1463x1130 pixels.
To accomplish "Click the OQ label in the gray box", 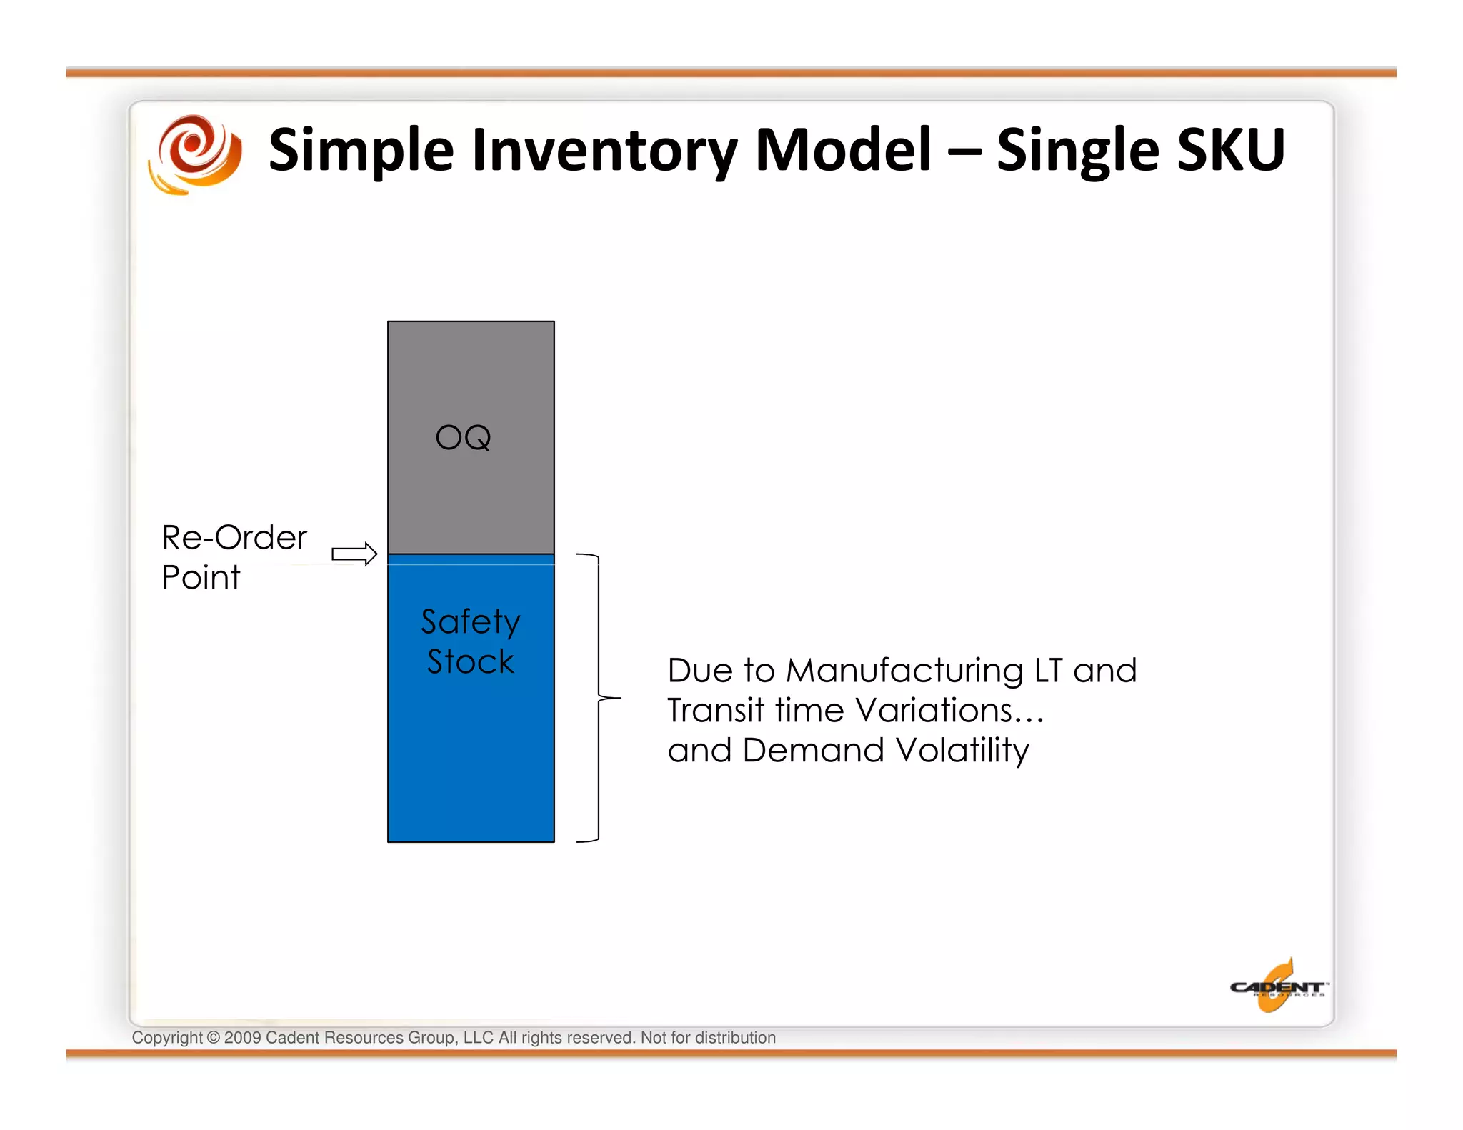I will (x=463, y=437).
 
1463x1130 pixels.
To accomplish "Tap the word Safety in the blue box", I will (x=470, y=622).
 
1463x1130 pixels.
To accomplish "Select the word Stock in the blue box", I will (x=470, y=661).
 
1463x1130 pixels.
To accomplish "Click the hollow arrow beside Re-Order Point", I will (x=354, y=554).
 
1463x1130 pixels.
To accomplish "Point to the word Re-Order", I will (x=234, y=537).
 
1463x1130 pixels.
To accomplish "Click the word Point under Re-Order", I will (x=201, y=577).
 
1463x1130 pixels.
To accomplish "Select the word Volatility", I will (x=962, y=751).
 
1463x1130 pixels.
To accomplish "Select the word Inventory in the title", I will (x=604, y=150).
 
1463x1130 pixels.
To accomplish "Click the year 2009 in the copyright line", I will (x=242, y=1038).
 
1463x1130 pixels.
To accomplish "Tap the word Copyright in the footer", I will (x=167, y=1038).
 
